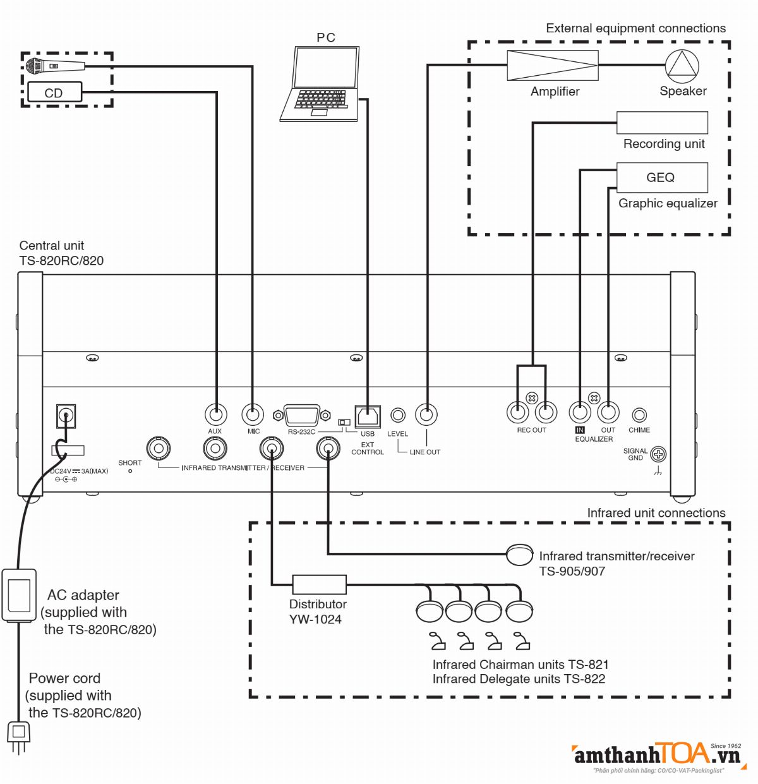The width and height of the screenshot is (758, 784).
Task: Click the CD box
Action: click(54, 92)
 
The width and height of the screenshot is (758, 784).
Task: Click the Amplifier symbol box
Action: click(553, 65)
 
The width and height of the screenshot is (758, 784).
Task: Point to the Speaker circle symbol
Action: click(682, 66)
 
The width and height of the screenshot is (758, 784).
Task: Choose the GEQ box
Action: click(661, 178)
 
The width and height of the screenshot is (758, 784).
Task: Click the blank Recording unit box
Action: click(661, 123)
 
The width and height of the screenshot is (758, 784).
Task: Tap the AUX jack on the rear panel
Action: click(216, 414)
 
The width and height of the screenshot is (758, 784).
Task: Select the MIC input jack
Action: click(253, 414)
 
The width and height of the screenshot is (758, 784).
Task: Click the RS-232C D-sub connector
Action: click(302, 415)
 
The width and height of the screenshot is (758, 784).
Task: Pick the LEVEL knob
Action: click(397, 415)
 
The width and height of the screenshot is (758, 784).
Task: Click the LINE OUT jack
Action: click(426, 414)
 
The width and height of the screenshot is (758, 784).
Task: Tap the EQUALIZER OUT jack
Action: click(608, 413)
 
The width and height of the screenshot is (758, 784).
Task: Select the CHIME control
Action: click(639, 415)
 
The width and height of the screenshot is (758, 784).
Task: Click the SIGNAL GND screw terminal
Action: click(658, 454)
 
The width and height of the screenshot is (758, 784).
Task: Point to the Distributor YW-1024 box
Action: click(319, 584)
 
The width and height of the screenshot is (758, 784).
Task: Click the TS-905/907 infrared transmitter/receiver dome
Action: click(520, 555)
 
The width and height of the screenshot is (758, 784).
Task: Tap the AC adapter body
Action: click(19, 595)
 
